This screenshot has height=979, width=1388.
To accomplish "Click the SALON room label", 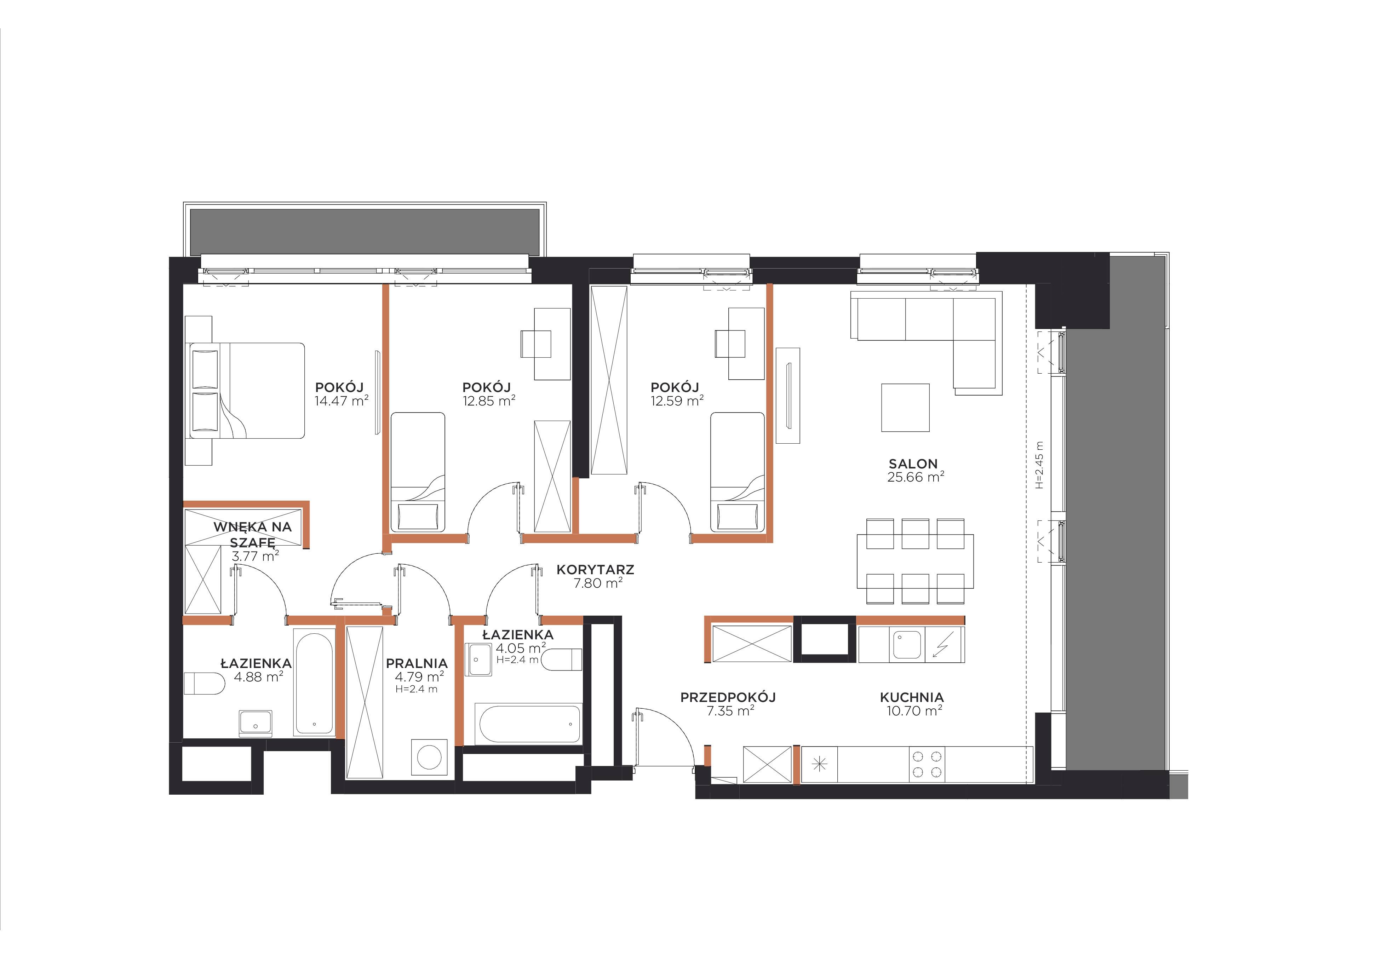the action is pyautogui.click(x=913, y=464).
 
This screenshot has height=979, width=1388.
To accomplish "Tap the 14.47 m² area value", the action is pyautogui.click(x=342, y=401).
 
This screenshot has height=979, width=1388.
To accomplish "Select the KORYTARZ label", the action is pyautogui.click(x=596, y=569).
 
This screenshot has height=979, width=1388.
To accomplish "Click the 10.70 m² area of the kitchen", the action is pyautogui.click(x=914, y=711).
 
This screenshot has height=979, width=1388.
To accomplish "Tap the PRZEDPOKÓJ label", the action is pyautogui.click(x=728, y=697).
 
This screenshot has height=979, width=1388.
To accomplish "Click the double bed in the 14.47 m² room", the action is pyautogui.click(x=247, y=390).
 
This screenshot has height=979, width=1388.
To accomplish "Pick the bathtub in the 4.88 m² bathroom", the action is pyautogui.click(x=314, y=682).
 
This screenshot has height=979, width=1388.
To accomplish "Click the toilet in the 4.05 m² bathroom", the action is pyautogui.click(x=562, y=659).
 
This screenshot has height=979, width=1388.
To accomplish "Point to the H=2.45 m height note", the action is pyautogui.click(x=1039, y=464).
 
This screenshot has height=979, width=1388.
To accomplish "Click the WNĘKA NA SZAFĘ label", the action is pyautogui.click(x=253, y=534).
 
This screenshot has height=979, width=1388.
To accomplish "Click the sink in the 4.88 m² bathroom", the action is pyautogui.click(x=255, y=724).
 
